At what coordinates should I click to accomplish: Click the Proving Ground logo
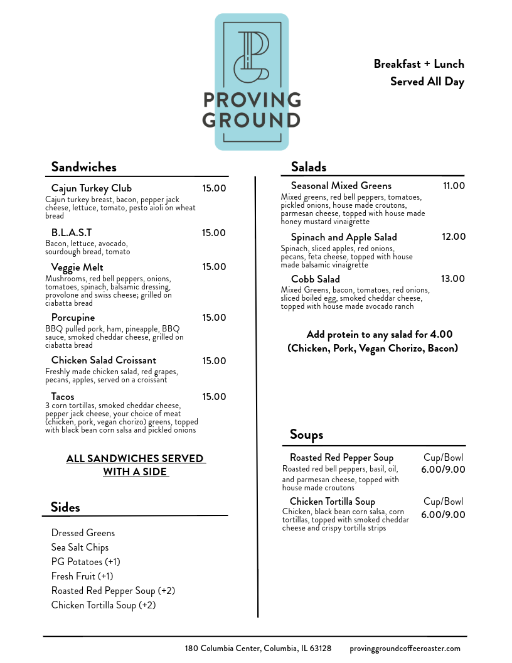point(252,82)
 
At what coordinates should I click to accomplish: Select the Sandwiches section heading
point(83,167)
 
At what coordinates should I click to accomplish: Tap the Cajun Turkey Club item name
point(92,188)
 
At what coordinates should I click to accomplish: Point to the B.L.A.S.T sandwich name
point(72,233)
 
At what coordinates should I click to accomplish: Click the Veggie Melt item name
point(77,267)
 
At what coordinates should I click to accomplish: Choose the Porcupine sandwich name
point(73,318)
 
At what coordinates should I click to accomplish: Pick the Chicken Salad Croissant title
point(104,360)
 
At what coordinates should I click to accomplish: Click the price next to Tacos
point(214,397)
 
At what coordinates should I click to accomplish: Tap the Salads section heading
point(308,167)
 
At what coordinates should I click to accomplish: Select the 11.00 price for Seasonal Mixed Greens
point(454,186)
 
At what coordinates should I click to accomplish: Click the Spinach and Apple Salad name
point(344,237)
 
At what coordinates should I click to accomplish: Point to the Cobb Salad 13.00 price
point(453,279)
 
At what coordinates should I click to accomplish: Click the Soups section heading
point(306,434)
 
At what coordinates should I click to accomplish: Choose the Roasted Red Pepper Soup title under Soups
point(341,458)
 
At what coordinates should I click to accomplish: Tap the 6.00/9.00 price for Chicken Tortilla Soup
point(443,515)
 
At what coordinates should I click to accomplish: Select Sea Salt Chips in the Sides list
point(80,547)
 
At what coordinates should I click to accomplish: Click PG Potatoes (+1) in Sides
point(85,562)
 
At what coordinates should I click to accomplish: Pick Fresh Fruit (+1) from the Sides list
point(82,576)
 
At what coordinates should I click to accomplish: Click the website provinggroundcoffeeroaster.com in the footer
point(405,649)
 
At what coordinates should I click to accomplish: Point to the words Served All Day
point(427,82)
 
